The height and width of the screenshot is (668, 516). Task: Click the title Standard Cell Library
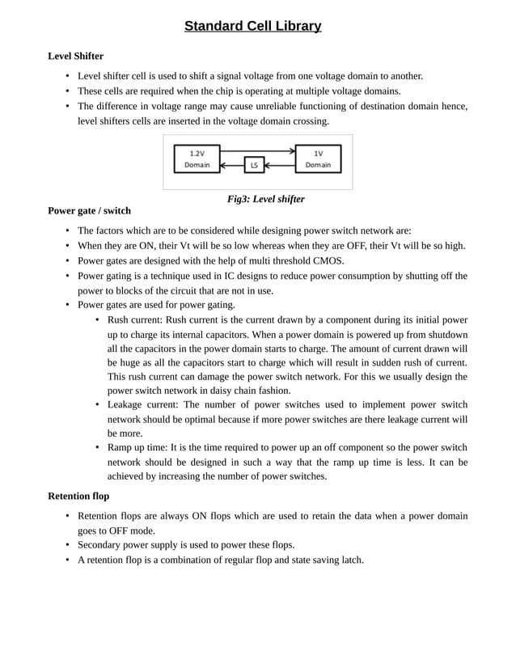[252, 27]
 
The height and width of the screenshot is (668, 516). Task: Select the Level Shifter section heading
[75, 56]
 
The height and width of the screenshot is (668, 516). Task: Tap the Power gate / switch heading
[89, 210]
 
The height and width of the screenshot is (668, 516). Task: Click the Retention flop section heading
[78, 495]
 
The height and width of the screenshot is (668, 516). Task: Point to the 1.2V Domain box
[197, 159]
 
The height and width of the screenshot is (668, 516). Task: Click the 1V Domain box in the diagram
[318, 159]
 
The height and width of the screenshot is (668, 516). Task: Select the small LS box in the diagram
[254, 166]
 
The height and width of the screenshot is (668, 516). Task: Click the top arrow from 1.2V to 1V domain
[257, 151]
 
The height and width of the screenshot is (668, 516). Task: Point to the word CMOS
[328, 260]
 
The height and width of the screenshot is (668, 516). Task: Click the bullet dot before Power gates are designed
[67, 261]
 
